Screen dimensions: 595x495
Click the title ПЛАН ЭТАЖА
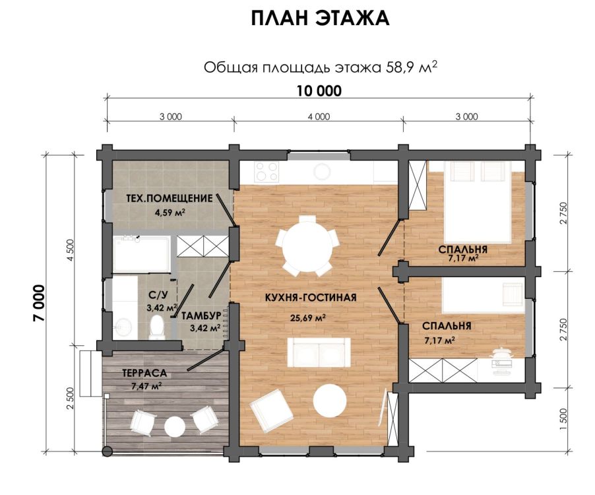320,18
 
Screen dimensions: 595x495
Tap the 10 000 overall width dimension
319,91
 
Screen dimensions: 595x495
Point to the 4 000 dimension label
319,117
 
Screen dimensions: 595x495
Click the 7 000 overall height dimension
39,304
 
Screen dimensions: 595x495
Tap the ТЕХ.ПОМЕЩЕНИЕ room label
170,198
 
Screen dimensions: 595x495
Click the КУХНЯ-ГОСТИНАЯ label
311,297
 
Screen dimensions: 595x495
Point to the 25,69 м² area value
308,317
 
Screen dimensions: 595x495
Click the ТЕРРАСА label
144,373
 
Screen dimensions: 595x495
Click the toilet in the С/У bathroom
156,327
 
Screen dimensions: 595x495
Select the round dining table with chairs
307,246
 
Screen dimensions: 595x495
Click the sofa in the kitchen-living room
319,352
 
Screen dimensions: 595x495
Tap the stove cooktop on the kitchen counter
267,171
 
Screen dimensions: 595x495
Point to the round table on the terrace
175,426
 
